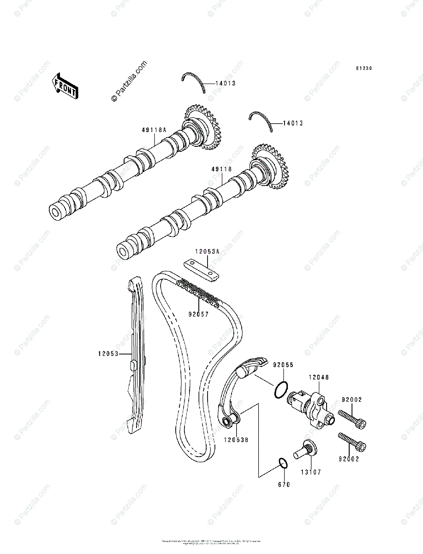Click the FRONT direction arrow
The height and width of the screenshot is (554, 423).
click(64, 86)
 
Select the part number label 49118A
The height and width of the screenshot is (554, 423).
click(154, 130)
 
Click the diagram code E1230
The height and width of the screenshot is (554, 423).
click(363, 69)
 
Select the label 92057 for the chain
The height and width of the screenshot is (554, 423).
click(198, 314)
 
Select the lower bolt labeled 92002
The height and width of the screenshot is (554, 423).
click(352, 442)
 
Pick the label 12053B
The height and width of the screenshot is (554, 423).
click(237, 440)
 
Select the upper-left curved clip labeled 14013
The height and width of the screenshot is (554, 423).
click(194, 81)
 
